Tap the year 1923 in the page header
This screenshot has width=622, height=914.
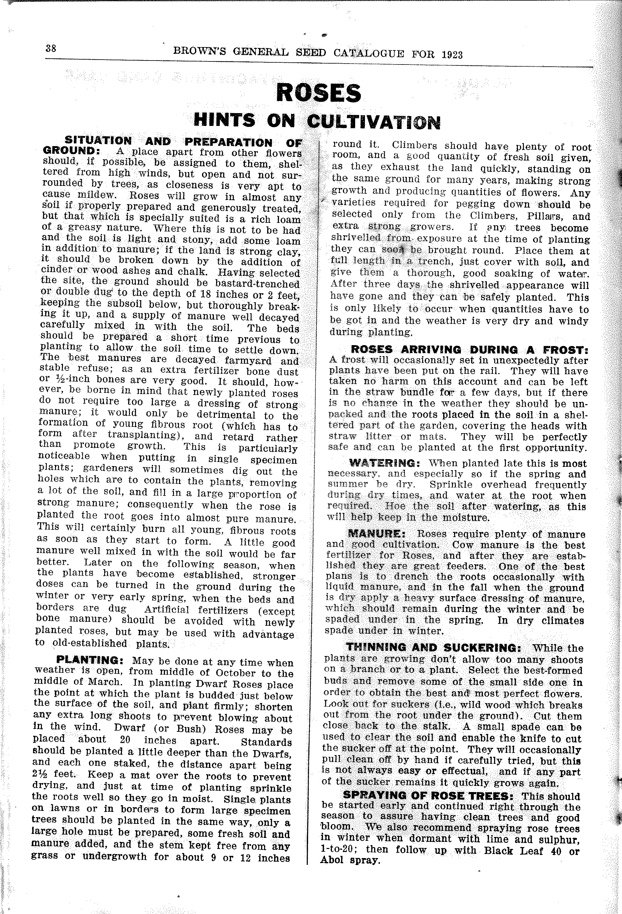452,54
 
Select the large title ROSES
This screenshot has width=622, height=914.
318,93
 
